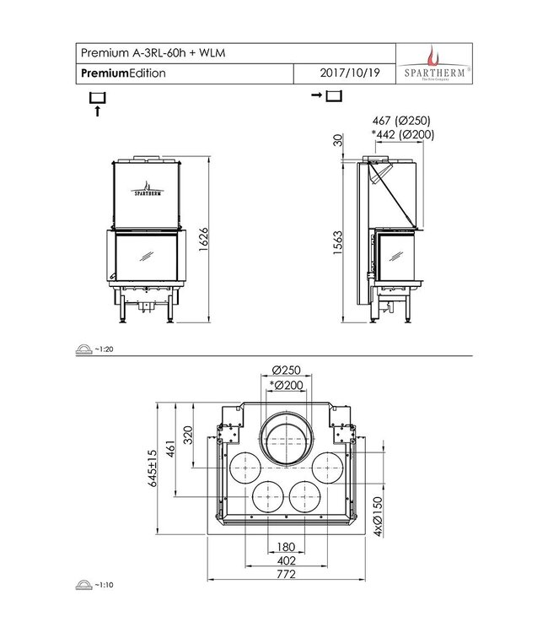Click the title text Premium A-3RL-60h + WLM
pyautogui.click(x=153, y=53)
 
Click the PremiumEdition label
pyautogui.click(x=123, y=73)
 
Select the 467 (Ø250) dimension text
pyautogui.click(x=400, y=122)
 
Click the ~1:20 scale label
pyautogui.click(x=102, y=348)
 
